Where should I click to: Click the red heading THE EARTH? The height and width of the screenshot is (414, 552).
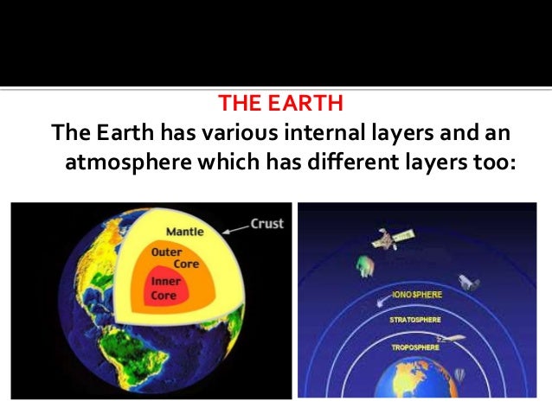281,105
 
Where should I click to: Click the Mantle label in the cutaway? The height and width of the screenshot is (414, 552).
184,232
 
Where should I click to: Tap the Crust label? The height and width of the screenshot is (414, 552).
266,224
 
